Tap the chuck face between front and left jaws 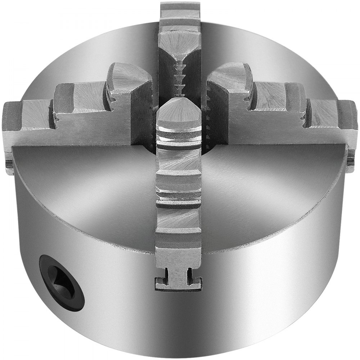pyautogui.click(x=90, y=187)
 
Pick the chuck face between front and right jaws pyautogui.click(x=266, y=187)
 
